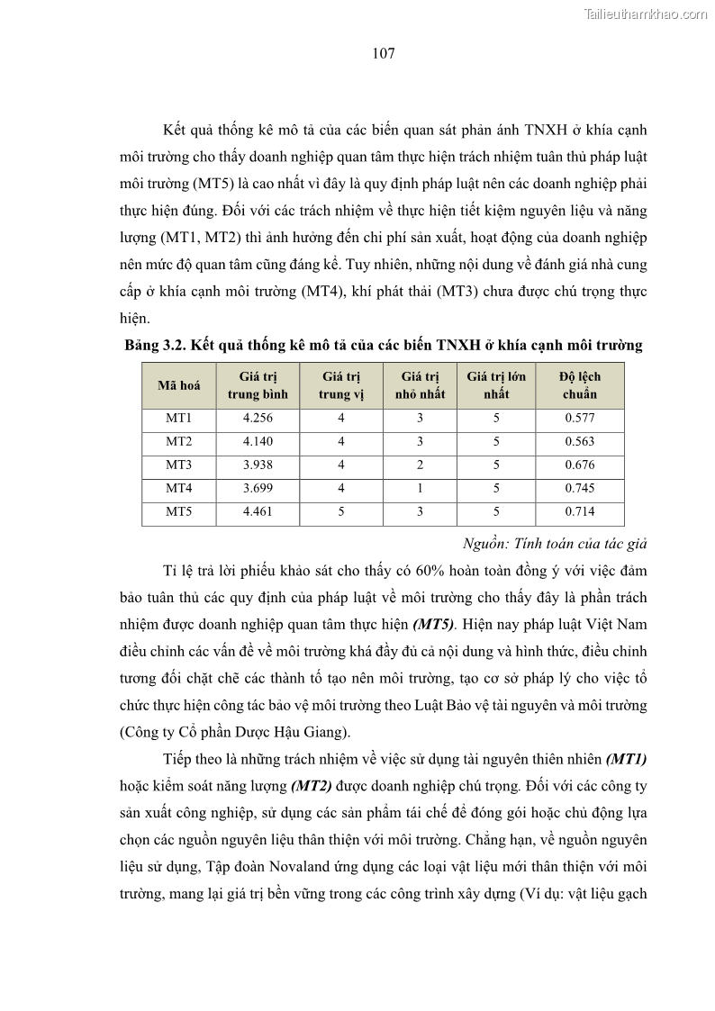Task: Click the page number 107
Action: tap(384, 53)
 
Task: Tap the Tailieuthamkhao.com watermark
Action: tap(646, 14)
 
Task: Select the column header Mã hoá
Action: tap(178, 385)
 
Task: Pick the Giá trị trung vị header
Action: tap(341, 385)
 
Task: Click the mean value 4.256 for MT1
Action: tap(258, 419)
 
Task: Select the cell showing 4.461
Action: tap(258, 512)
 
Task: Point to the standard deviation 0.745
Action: tap(580, 489)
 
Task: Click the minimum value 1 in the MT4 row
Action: tap(420, 489)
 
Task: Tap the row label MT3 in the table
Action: tap(178, 465)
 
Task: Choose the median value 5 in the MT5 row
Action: tap(341, 512)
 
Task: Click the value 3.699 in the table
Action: tap(258, 489)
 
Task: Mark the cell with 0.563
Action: tap(580, 442)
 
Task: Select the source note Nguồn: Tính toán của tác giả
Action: tap(555, 544)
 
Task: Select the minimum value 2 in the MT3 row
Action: tap(420, 465)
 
